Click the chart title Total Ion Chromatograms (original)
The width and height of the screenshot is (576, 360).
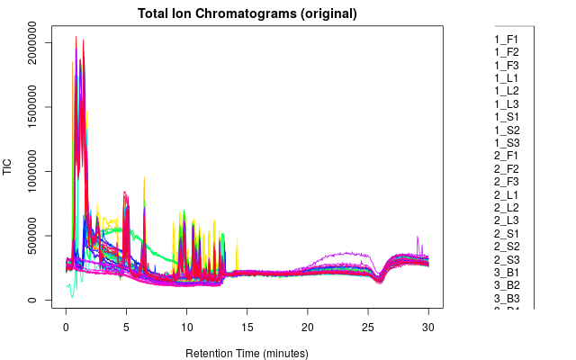point(247,14)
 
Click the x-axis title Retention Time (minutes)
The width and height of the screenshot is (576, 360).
point(247,352)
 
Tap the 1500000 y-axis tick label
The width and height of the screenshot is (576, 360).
point(33,107)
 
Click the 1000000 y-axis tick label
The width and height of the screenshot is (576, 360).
point(33,171)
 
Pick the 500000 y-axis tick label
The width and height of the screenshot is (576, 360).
point(33,236)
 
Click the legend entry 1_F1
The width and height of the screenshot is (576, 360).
point(507,40)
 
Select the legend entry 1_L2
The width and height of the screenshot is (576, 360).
point(507,91)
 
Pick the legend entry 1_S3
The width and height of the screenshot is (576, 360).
point(507,143)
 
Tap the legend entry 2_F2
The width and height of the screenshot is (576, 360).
point(507,169)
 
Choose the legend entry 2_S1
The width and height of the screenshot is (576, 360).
point(507,233)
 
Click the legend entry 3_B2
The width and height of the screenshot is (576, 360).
point(507,285)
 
